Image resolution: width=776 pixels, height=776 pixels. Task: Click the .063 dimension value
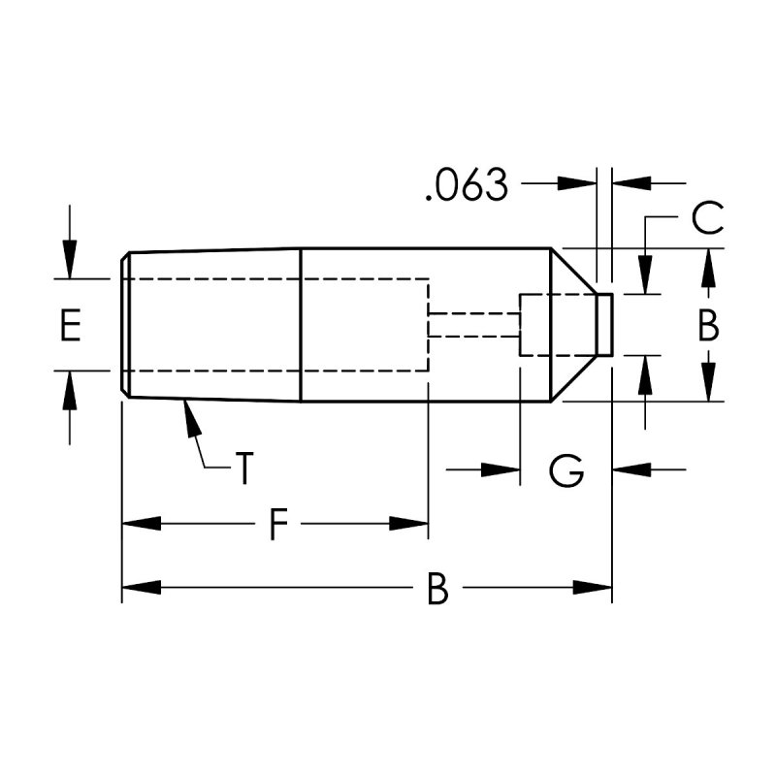click(x=467, y=185)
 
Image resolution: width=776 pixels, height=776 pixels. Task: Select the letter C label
click(x=708, y=218)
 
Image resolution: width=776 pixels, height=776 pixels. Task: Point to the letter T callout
click(x=244, y=469)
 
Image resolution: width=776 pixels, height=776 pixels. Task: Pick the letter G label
click(x=566, y=471)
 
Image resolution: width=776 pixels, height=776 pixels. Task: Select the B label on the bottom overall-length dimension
click(x=438, y=589)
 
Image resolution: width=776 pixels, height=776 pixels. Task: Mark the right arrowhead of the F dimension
click(x=411, y=524)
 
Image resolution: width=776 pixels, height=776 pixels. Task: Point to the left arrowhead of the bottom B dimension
click(x=138, y=588)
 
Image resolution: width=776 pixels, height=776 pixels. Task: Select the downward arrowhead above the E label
click(x=68, y=263)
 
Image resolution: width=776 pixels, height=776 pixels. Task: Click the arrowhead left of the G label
click(x=503, y=470)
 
